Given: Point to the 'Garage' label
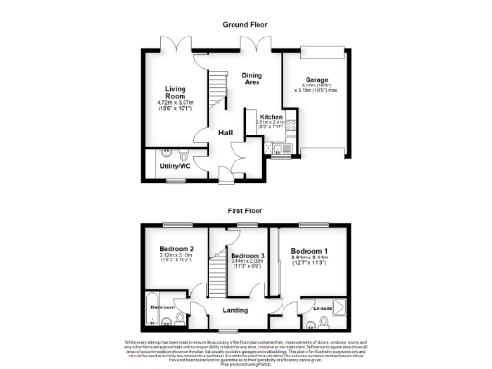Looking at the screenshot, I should (317, 80).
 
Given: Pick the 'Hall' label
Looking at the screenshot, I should (224, 133).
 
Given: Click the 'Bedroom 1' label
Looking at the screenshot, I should (310, 252).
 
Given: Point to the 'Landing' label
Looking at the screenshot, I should (235, 310).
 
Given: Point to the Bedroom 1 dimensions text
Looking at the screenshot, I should (310, 259).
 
